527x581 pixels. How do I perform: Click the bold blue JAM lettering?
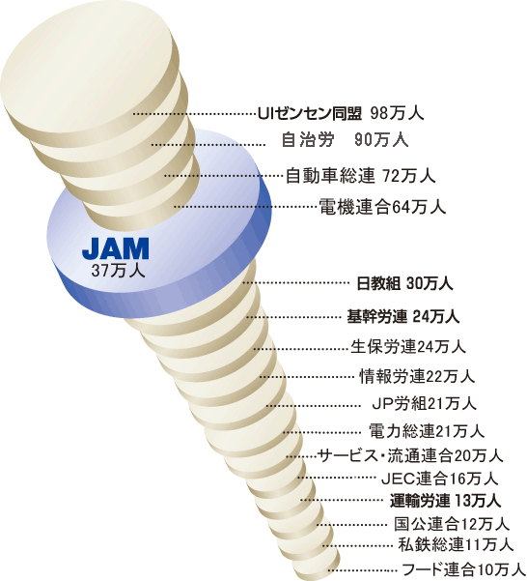(x=116, y=248)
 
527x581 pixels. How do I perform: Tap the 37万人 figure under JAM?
(x=118, y=271)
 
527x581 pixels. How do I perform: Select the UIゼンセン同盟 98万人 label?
(x=341, y=113)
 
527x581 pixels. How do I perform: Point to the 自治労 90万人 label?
(x=345, y=140)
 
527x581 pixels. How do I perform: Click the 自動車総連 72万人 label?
(x=360, y=176)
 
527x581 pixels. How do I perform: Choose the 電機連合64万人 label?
(x=382, y=207)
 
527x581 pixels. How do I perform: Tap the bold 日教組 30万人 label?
(x=404, y=284)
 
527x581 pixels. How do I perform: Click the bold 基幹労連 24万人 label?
(x=403, y=317)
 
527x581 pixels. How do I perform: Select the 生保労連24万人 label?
(x=408, y=347)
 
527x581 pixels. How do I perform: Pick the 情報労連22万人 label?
(x=417, y=376)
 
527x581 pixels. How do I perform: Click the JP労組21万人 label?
(x=424, y=403)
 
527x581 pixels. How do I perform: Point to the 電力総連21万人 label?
(x=427, y=431)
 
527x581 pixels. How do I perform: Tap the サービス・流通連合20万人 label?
(x=410, y=455)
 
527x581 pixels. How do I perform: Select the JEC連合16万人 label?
(x=440, y=479)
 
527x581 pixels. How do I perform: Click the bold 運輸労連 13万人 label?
(x=446, y=501)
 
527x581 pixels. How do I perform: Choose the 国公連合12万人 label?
(x=452, y=524)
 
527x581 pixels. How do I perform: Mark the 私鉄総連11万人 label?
(x=456, y=544)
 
